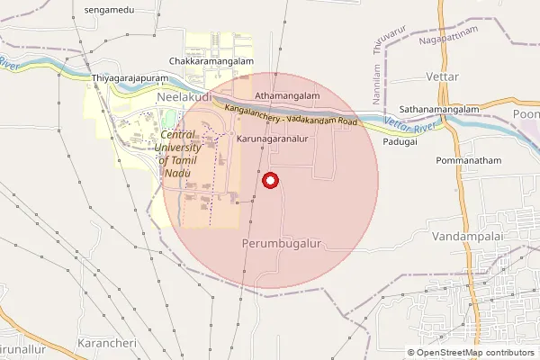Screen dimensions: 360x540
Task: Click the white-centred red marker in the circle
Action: (270, 181)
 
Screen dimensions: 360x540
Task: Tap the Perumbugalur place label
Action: (282, 244)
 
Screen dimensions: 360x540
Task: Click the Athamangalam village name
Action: (288, 94)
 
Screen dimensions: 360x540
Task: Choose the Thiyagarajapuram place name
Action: (130, 79)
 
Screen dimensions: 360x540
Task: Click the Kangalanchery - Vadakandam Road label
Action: (292, 115)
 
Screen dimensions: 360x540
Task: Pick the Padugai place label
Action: (400, 142)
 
